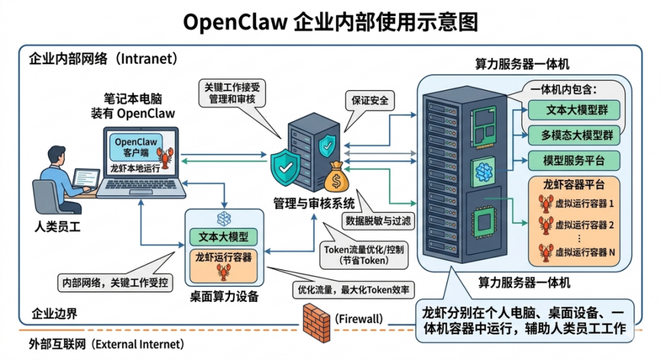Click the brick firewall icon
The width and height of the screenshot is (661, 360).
click(316, 319)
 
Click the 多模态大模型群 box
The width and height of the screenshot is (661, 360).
click(573, 135)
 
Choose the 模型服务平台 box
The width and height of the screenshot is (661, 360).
click(573, 160)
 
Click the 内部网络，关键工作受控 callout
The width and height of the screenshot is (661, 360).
click(116, 283)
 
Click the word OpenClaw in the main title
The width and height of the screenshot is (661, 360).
click(235, 22)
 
